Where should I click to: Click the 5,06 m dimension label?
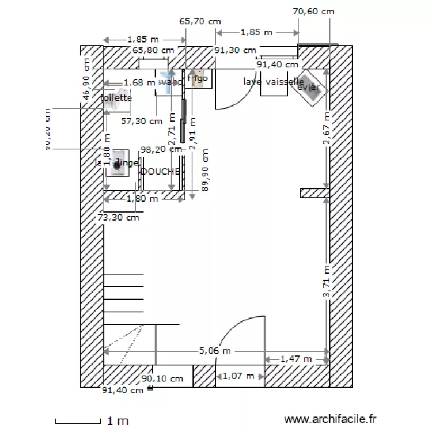pyautogui.click(x=215, y=350)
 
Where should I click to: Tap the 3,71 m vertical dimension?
pyautogui.click(x=327, y=281)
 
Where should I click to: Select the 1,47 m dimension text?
pyautogui.click(x=295, y=359)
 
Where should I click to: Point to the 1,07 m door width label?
pyautogui.click(x=238, y=376)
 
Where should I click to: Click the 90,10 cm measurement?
pyautogui.click(x=162, y=378)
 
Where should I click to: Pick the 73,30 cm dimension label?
pyautogui.click(x=118, y=217)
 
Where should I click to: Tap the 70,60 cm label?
pyautogui.click(x=313, y=11)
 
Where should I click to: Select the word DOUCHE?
pyautogui.click(x=160, y=171)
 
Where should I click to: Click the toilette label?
pyautogui.click(x=116, y=98)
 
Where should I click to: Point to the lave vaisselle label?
pyautogui.click(x=273, y=82)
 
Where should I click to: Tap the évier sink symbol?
pyautogui.click(x=312, y=88)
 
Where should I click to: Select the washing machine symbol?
pyautogui.click(x=118, y=164)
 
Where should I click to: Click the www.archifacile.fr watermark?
pyautogui.click(x=330, y=420)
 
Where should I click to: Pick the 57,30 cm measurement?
pyautogui.click(x=142, y=121)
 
